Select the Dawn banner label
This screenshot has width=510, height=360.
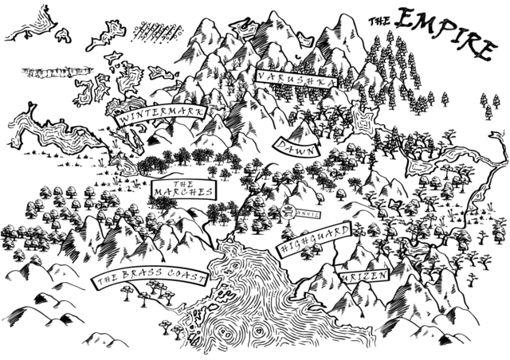(295, 144)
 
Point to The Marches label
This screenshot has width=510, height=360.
(182, 188)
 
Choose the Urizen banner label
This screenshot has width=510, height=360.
(363, 276)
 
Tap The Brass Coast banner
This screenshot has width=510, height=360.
(151, 279)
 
